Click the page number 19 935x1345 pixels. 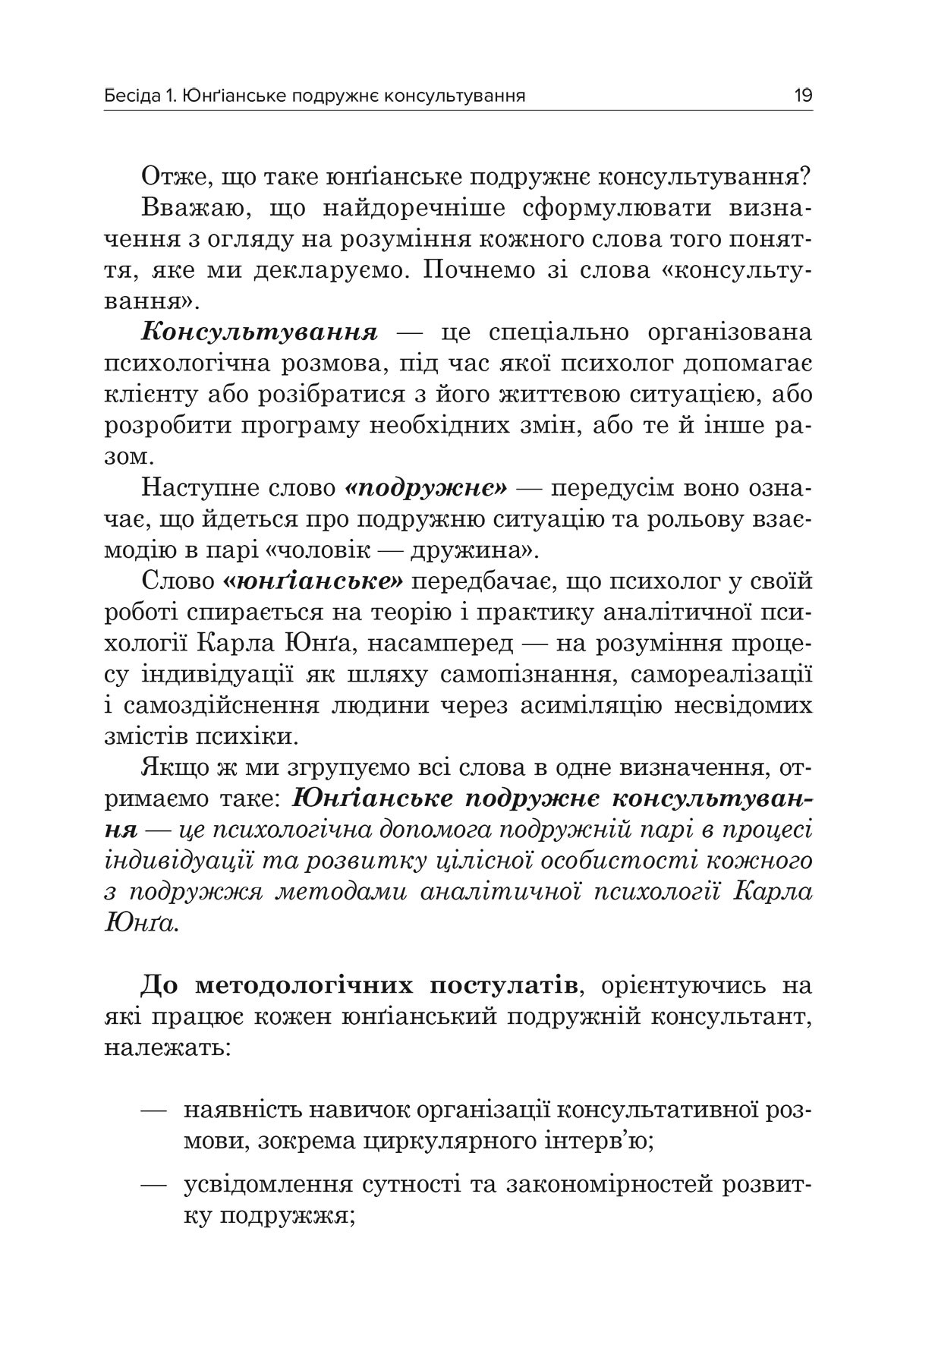click(x=803, y=96)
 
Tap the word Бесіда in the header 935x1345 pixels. click(x=129, y=96)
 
